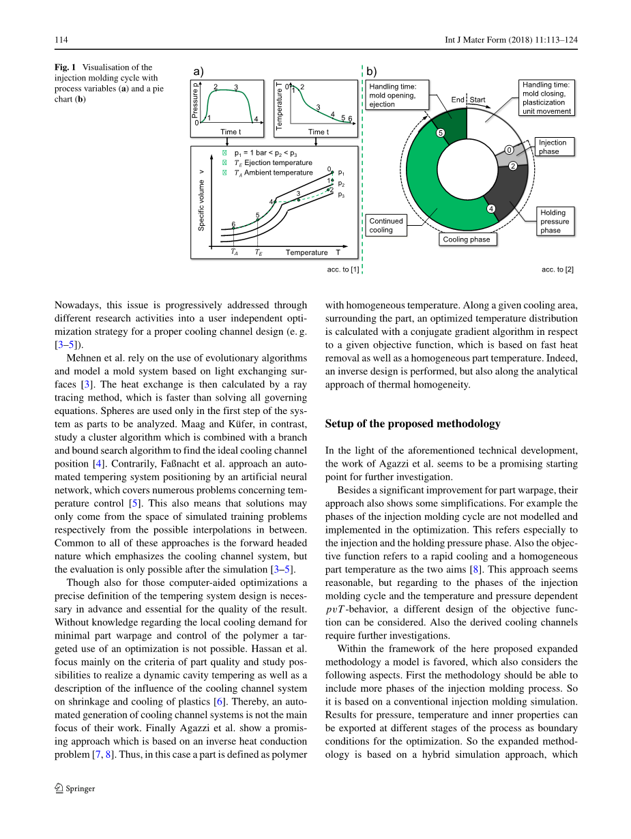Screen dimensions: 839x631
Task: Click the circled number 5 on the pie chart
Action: point(440,133)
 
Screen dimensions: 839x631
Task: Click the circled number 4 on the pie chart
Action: point(490,208)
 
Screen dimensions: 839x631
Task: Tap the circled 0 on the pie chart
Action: point(509,150)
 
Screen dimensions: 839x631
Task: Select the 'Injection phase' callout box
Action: point(553,147)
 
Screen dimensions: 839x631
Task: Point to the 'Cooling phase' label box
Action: point(467,239)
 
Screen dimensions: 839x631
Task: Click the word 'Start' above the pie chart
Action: point(478,100)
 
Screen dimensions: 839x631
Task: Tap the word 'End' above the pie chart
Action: point(457,100)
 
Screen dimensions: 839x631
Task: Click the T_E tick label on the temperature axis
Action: point(259,252)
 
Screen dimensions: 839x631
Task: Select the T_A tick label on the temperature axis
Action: point(234,252)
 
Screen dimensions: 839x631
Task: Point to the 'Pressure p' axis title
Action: point(194,100)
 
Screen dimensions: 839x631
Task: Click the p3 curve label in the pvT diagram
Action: point(341,195)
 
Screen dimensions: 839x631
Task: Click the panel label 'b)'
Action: point(372,71)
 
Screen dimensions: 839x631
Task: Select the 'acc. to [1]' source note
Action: point(343,269)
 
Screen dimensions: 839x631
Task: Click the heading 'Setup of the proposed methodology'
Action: point(413,424)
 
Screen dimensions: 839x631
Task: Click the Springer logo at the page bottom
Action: point(59,789)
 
